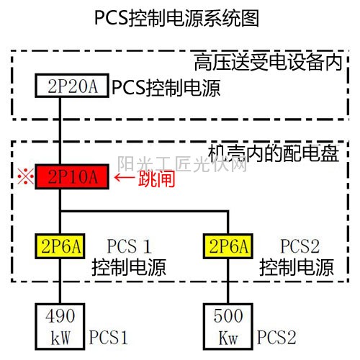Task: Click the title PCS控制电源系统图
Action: [176, 18]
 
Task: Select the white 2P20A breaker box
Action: [72, 86]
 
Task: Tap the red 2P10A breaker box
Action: [72, 176]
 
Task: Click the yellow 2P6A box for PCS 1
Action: [60, 246]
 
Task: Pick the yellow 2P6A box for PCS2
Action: [228, 246]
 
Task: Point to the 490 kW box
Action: [60, 326]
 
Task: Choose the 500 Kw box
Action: [228, 326]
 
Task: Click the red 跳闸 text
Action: [156, 179]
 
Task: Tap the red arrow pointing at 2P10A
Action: [125, 178]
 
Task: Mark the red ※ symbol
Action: [25, 176]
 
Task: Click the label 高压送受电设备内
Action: [269, 62]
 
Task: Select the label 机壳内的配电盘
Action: [274, 153]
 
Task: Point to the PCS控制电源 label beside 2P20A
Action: [166, 88]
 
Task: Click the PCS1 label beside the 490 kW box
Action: [108, 337]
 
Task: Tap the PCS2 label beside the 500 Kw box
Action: [276, 337]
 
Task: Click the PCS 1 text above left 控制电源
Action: [129, 246]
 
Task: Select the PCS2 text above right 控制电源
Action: [300, 246]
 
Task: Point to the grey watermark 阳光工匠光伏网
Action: [182, 164]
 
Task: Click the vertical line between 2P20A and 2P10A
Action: [60, 131]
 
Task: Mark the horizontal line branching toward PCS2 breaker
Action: [145, 212]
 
